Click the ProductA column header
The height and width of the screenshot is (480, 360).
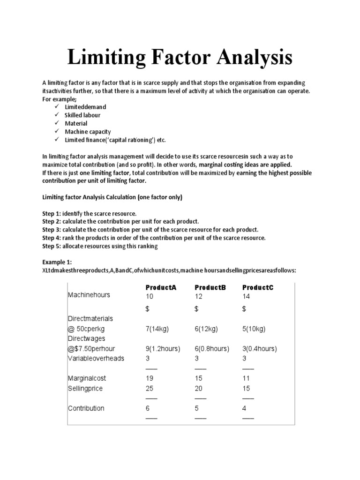click(x=161, y=287)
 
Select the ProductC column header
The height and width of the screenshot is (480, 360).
click(x=257, y=287)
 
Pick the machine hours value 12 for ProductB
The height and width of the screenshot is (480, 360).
click(x=199, y=296)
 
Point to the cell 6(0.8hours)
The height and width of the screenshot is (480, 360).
click(x=212, y=349)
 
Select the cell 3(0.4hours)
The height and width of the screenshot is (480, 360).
click(x=260, y=349)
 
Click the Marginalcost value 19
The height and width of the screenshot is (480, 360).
click(x=150, y=378)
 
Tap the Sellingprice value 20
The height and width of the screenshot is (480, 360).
click(x=199, y=389)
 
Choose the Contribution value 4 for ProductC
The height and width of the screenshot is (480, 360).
click(x=244, y=408)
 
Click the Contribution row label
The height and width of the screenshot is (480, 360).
click(x=86, y=408)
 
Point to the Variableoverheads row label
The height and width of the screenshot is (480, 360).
click(x=96, y=358)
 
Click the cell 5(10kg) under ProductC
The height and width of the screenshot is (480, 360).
click(x=254, y=329)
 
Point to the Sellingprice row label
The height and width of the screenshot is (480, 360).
click(x=85, y=389)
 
